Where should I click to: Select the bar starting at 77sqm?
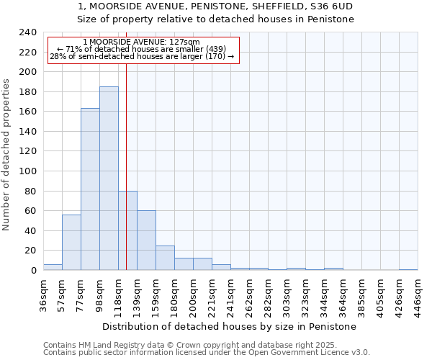point(90,189)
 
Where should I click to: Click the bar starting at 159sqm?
point(165,258)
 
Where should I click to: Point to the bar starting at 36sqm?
point(53,267)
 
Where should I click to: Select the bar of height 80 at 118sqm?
point(127,230)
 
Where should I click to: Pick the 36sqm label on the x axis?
point(43,294)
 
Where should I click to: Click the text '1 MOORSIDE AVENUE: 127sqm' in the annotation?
point(141,42)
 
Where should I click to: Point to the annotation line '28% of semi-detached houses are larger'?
point(141,57)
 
